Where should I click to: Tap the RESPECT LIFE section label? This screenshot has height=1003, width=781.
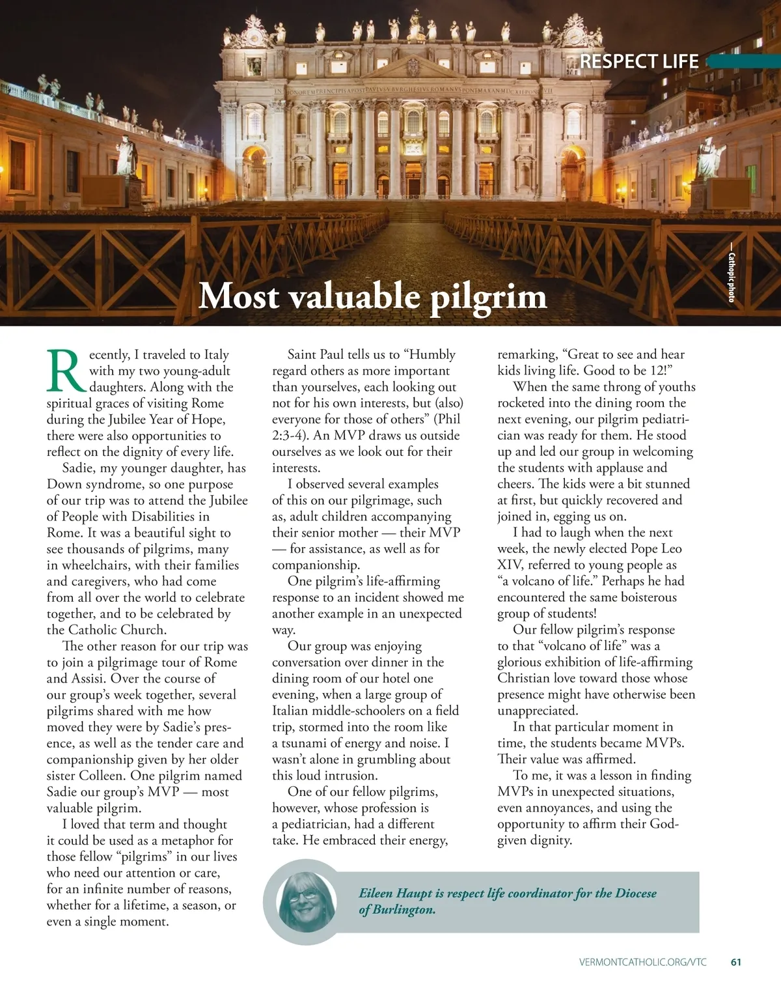pyautogui.click(x=638, y=61)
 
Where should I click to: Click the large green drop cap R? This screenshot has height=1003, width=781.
pyautogui.click(x=66, y=371)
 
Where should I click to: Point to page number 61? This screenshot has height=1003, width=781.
pyautogui.click(x=736, y=962)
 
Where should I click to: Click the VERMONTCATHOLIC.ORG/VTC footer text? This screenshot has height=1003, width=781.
pyautogui.click(x=642, y=962)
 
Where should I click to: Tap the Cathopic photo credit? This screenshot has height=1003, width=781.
pyautogui.click(x=731, y=277)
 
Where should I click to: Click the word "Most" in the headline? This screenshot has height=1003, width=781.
pyautogui.click(x=238, y=297)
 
